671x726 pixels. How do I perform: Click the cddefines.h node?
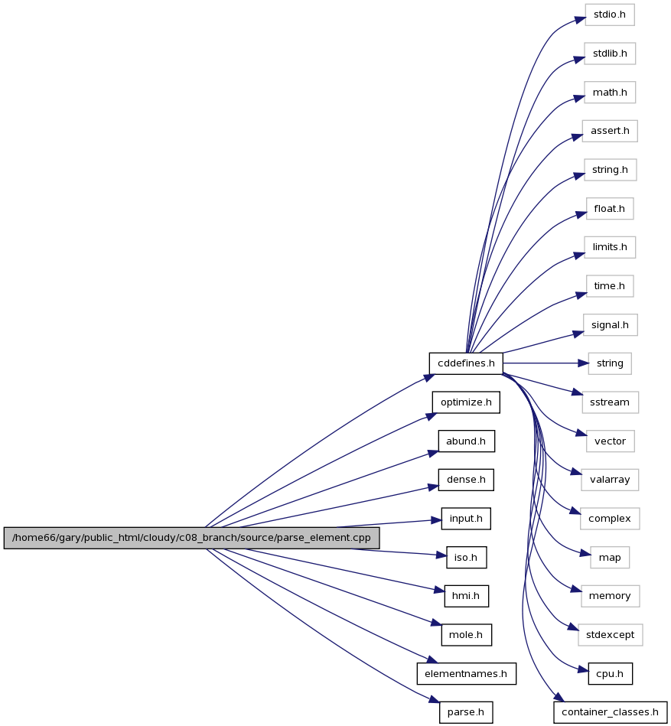[466, 363]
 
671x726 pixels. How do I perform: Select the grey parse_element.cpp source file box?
[191, 538]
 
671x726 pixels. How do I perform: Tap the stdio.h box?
[610, 15]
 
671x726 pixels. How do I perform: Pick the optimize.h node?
[466, 402]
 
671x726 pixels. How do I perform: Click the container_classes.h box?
[610, 712]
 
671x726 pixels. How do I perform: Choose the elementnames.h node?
[466, 674]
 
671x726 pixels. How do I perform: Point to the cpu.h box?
[610, 674]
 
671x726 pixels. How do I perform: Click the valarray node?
[610, 480]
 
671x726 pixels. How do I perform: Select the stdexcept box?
[610, 635]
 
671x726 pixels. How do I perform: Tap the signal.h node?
[610, 325]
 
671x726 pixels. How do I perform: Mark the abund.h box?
[466, 441]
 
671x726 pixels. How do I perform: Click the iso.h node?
[466, 558]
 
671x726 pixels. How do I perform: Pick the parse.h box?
[466, 712]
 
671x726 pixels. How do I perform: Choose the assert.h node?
[610, 131]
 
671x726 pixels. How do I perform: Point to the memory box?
[610, 596]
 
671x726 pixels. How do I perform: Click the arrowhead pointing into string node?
[584, 363]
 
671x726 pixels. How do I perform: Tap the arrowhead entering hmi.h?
[439, 590]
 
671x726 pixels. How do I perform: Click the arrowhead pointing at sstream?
[577, 393]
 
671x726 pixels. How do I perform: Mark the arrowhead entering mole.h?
[436, 623]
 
